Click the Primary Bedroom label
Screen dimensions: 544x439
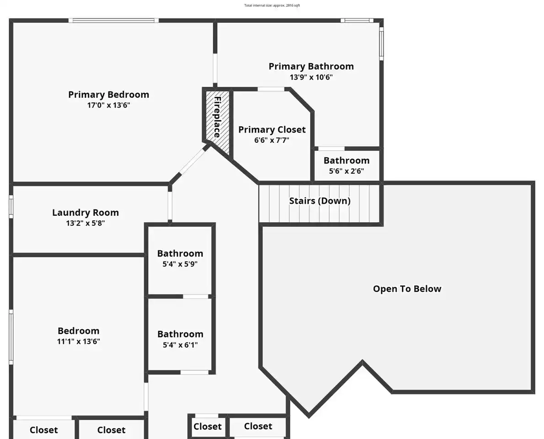coord(109,95)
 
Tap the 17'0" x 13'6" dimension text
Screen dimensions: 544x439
coord(109,105)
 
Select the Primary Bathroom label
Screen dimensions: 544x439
coord(311,67)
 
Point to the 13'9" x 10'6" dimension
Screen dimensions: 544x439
coord(311,77)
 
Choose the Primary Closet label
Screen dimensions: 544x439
coord(272,130)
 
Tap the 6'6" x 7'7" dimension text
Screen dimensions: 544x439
coord(272,140)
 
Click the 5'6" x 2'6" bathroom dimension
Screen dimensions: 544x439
coord(347,171)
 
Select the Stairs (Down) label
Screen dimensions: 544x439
coord(320,201)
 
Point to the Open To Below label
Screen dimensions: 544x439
coord(407,289)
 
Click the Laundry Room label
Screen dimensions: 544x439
coord(85,212)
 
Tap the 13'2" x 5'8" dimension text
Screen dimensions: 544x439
coord(85,223)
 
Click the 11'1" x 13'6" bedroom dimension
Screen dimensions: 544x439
coord(79,342)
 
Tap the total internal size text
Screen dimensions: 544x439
coord(272,5)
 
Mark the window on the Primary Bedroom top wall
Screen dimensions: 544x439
coord(113,21)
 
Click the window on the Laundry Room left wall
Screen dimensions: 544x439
coord(11,207)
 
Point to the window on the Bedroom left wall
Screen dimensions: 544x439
coord(11,337)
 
